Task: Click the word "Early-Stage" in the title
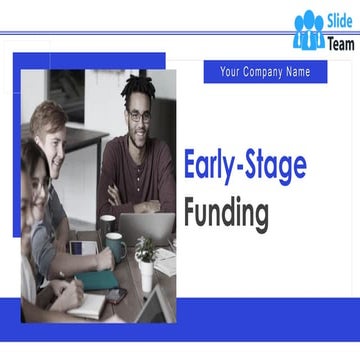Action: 244,167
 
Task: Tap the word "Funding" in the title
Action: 226,212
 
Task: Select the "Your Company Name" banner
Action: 265,72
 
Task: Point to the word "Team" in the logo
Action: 340,43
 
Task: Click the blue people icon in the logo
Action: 309,30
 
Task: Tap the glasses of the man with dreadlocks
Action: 139,115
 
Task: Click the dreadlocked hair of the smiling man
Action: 138,92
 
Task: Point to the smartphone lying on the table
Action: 116,296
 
